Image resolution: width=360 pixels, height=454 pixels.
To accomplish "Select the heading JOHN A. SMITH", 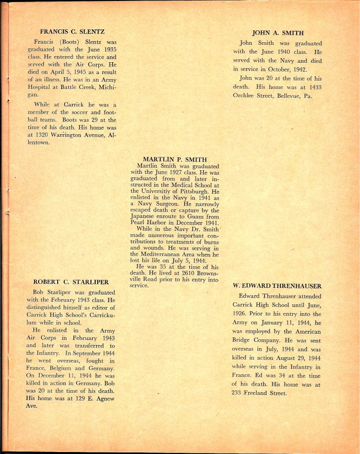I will [278, 33].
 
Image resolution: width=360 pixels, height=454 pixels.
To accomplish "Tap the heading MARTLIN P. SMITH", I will [175, 159].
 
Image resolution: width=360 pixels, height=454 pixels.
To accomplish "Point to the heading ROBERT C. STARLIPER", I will [71, 282].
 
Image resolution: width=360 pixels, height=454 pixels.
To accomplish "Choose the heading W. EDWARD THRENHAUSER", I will [277, 285].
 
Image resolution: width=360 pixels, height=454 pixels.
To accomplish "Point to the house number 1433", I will [314, 86].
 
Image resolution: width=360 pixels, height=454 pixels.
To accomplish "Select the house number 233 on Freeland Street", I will [239, 393].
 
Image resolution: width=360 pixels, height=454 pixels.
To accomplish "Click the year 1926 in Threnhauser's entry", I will [242, 314].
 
